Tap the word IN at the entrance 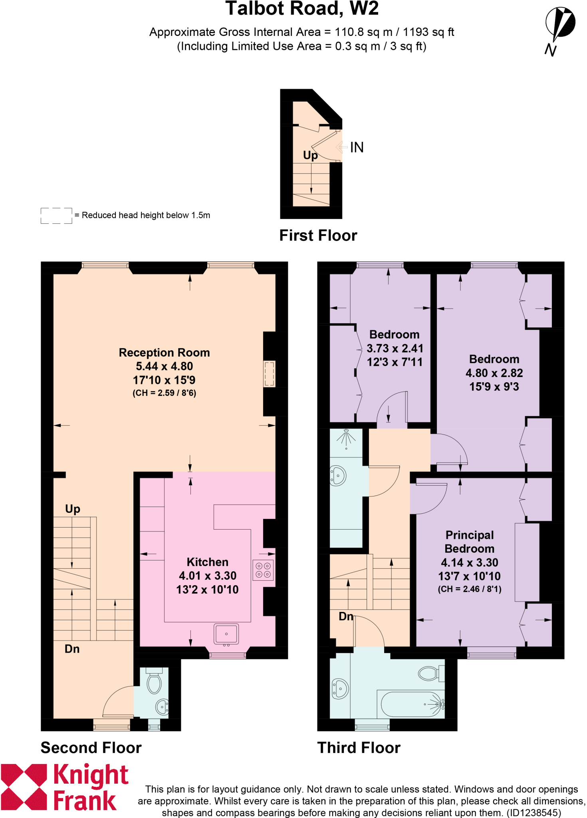coord(357,147)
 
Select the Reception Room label coord(164,353)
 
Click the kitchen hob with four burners coord(263,570)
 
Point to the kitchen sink coord(226,634)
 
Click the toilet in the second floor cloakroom coord(154,682)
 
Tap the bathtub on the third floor coord(411,704)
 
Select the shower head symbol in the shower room coord(346,437)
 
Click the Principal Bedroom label coord(469,542)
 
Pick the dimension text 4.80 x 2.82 coord(494,373)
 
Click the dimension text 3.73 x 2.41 coord(395,348)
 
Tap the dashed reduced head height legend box coord(56,216)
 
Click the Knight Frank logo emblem coord(24,787)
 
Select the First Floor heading coord(318,236)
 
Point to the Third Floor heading coord(359,748)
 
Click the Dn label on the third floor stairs coord(346,616)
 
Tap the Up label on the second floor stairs coord(73,509)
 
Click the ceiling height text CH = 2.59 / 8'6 coord(164,393)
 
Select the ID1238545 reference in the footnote coord(533,813)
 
